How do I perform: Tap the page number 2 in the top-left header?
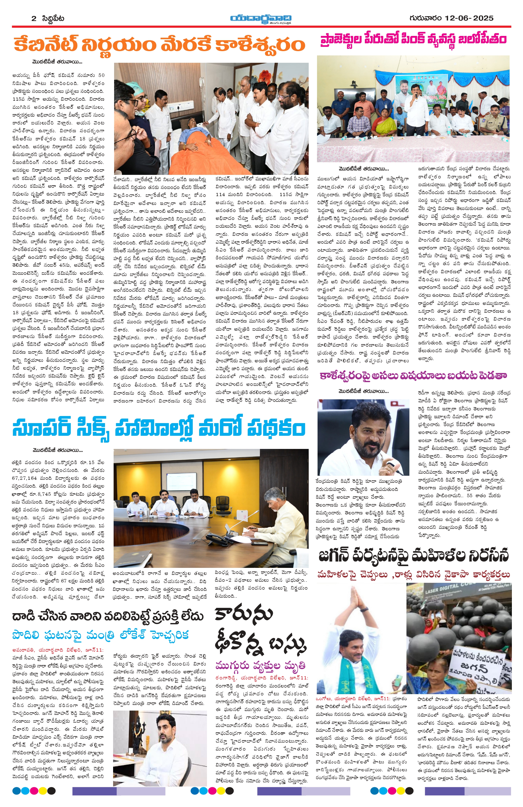pyautogui.click(x=34, y=18)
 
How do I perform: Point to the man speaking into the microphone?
pyautogui.click(x=416, y=109)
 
